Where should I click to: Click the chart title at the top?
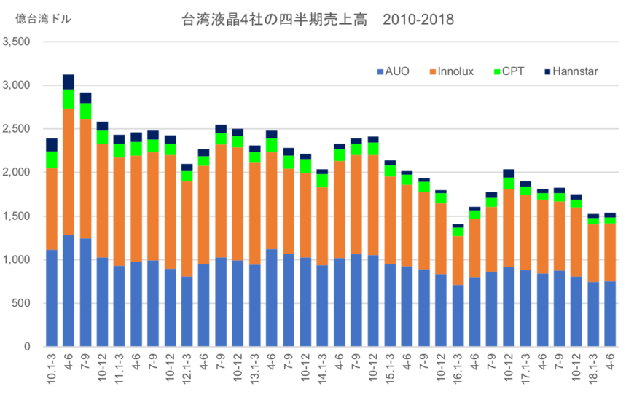tap(317, 20)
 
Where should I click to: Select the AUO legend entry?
tap(393, 71)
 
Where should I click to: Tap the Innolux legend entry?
tap(452, 71)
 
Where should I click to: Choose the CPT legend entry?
tap(509, 71)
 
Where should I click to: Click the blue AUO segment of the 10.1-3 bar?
tap(52, 299)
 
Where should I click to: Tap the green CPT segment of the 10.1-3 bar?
tap(52, 160)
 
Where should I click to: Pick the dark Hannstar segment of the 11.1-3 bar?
tap(120, 138)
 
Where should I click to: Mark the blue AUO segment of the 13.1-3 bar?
tap(254, 306)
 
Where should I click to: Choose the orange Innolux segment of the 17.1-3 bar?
tap(525, 232)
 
